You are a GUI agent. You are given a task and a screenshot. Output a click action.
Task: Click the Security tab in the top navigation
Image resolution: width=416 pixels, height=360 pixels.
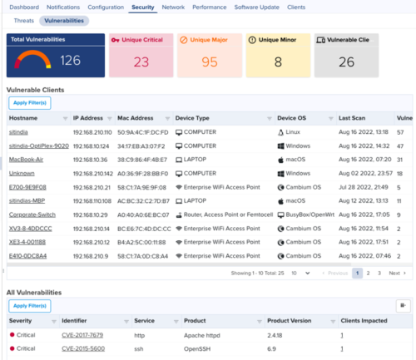pos(142,6)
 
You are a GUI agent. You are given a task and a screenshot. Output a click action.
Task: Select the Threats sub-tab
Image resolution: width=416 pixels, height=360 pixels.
pos(23,20)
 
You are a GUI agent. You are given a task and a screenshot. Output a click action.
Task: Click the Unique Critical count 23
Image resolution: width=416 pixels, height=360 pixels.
pos(141,61)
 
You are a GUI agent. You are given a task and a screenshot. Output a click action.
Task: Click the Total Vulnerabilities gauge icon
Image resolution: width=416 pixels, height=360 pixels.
pos(30,60)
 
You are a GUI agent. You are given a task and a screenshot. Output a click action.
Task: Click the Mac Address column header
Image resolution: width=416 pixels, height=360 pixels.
pos(136,118)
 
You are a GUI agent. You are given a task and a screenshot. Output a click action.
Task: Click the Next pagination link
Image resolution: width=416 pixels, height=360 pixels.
pos(396,273)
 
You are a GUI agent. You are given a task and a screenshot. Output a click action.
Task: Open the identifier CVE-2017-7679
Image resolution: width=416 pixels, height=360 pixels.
pos(82,335)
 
